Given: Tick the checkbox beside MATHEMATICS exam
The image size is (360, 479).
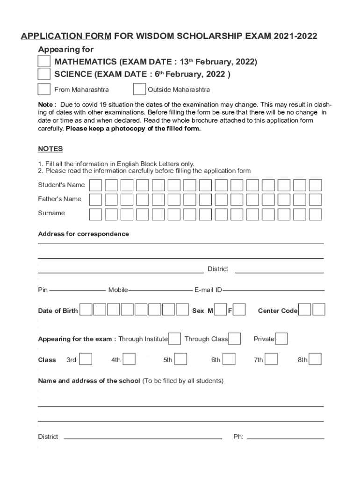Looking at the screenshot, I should pos(44,62).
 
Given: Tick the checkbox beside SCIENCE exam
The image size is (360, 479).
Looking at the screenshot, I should pos(44,74).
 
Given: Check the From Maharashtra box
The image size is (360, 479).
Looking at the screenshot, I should pos(44,89).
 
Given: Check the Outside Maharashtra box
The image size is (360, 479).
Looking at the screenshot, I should pos(139,89).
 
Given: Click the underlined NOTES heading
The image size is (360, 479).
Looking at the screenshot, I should pos(50,149).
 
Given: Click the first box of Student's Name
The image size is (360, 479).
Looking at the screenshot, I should pos(95,185).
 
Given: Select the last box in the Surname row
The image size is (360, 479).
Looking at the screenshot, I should pos(316,214).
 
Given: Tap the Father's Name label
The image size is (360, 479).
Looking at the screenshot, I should pos(59,199).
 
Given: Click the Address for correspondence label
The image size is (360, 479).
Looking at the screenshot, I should pos(83,234).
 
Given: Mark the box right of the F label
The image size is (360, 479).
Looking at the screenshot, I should pos(239,310).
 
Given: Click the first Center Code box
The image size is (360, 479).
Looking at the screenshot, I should pos(304,310).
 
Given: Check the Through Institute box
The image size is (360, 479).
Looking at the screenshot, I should pos(174,339).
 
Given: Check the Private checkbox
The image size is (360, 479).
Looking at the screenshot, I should pos(281,339).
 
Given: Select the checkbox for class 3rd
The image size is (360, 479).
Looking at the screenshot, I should pos(86,359).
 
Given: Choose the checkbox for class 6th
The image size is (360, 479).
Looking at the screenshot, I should pos(229,359).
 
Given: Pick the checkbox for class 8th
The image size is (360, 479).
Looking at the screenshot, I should pos(316,359).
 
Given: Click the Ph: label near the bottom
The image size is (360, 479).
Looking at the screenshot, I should pos(238,437).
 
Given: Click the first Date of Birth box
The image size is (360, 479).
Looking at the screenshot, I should pos(86,310).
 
